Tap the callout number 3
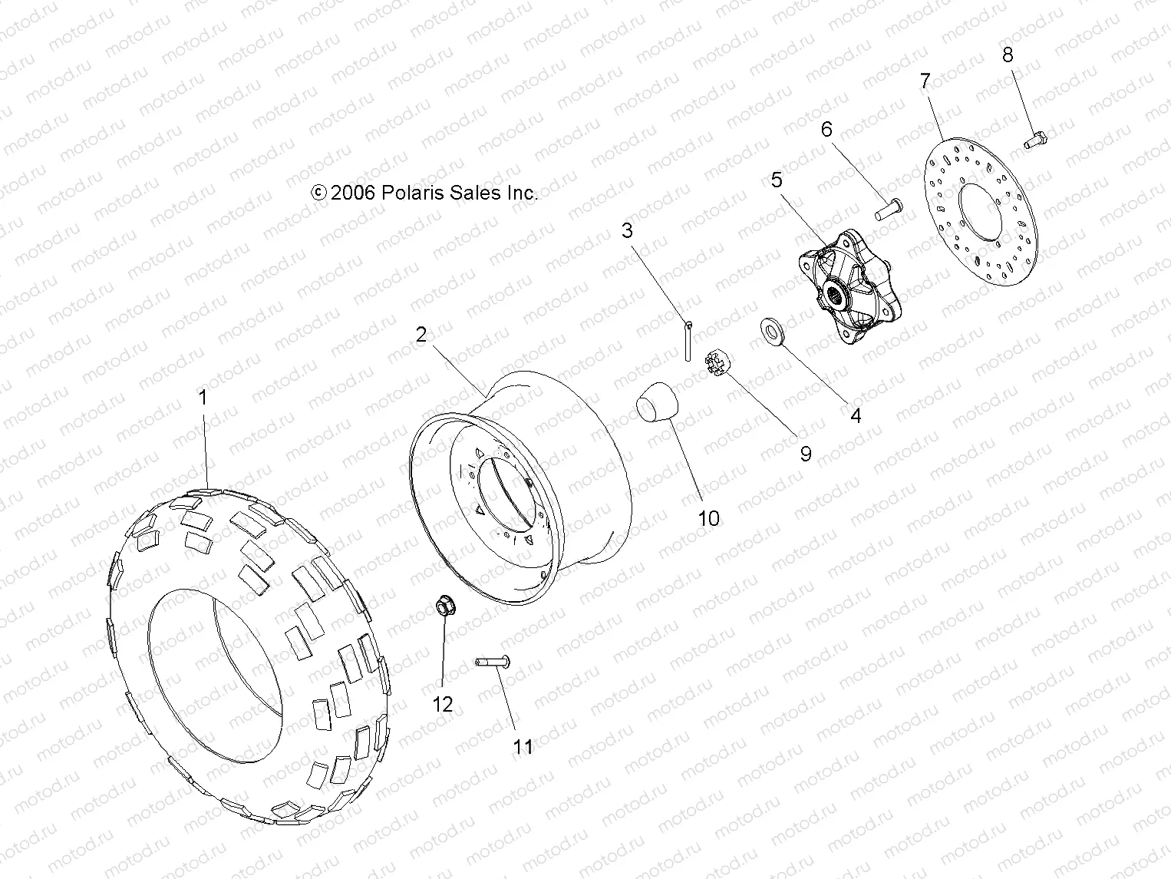628,230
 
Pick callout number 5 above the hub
777,180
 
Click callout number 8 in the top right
1008,55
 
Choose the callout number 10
709,519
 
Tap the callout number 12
443,705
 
